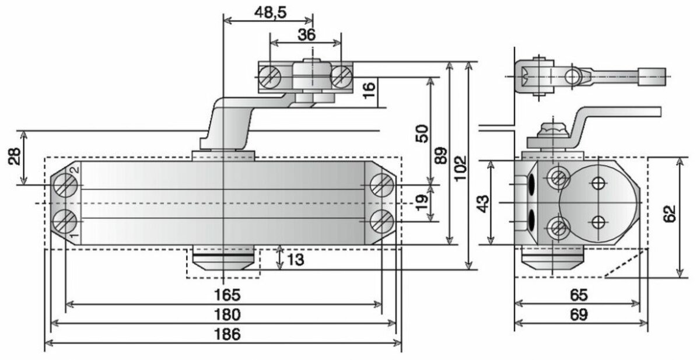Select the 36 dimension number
[x=306, y=35]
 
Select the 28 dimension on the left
[x=15, y=156]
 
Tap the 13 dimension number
[x=296, y=260]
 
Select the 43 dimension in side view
[x=482, y=202]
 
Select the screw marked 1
[x=65, y=221]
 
